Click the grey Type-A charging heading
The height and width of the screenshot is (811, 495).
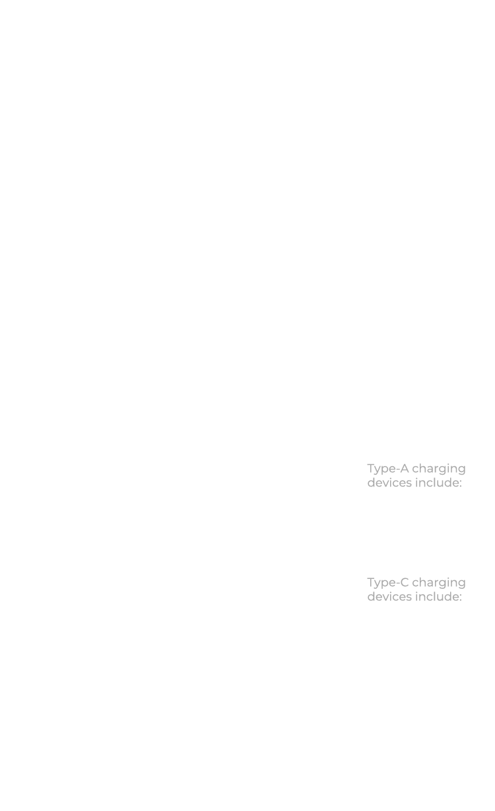(x=416, y=469)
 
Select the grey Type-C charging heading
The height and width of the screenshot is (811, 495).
(x=416, y=583)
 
